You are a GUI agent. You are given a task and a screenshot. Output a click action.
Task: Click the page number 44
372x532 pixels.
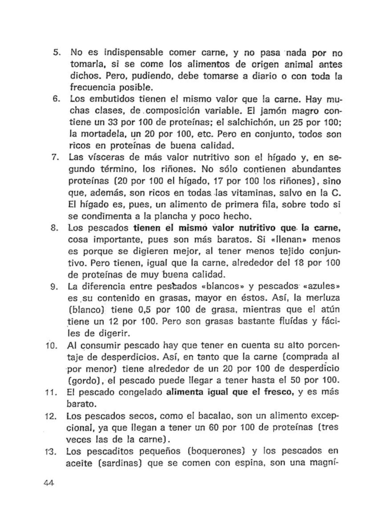tap(48, 483)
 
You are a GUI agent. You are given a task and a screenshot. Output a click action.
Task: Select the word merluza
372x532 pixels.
tap(322, 298)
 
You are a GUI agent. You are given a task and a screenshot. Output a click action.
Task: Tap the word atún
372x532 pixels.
tap(330, 310)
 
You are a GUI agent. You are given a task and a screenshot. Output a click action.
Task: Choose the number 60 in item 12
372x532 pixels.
tap(214, 428)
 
